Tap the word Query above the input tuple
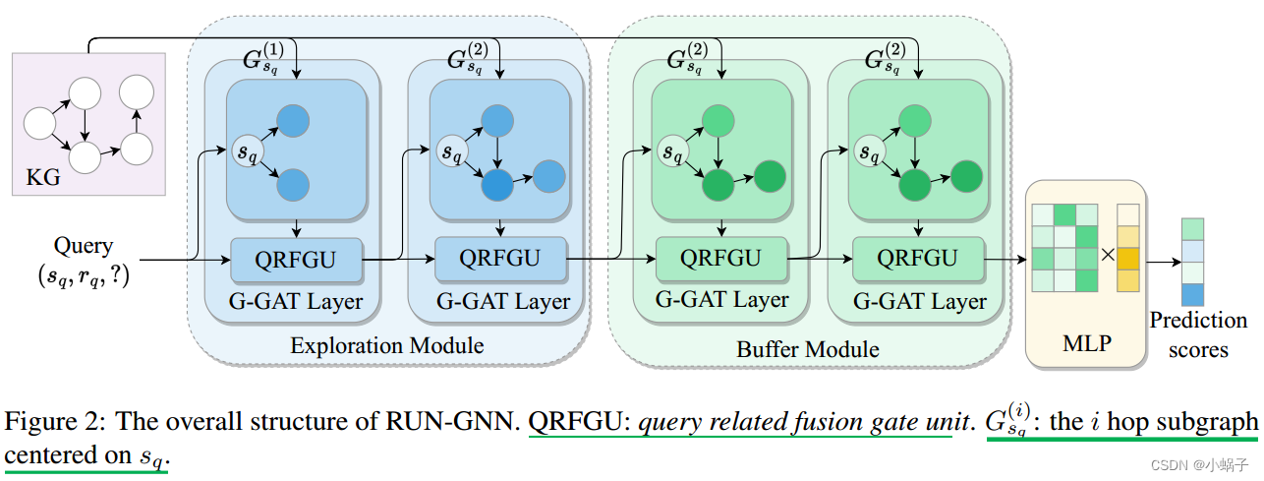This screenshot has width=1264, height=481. (85, 246)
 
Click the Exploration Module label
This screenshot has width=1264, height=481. (387, 345)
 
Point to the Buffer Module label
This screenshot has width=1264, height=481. (808, 349)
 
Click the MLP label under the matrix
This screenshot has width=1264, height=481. (1086, 343)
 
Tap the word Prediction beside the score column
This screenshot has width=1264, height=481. (1198, 321)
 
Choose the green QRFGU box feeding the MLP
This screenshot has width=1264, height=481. (917, 258)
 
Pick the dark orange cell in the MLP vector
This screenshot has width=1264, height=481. (1128, 258)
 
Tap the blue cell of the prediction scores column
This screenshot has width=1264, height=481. (1191, 293)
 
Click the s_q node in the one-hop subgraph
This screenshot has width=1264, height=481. (245, 151)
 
